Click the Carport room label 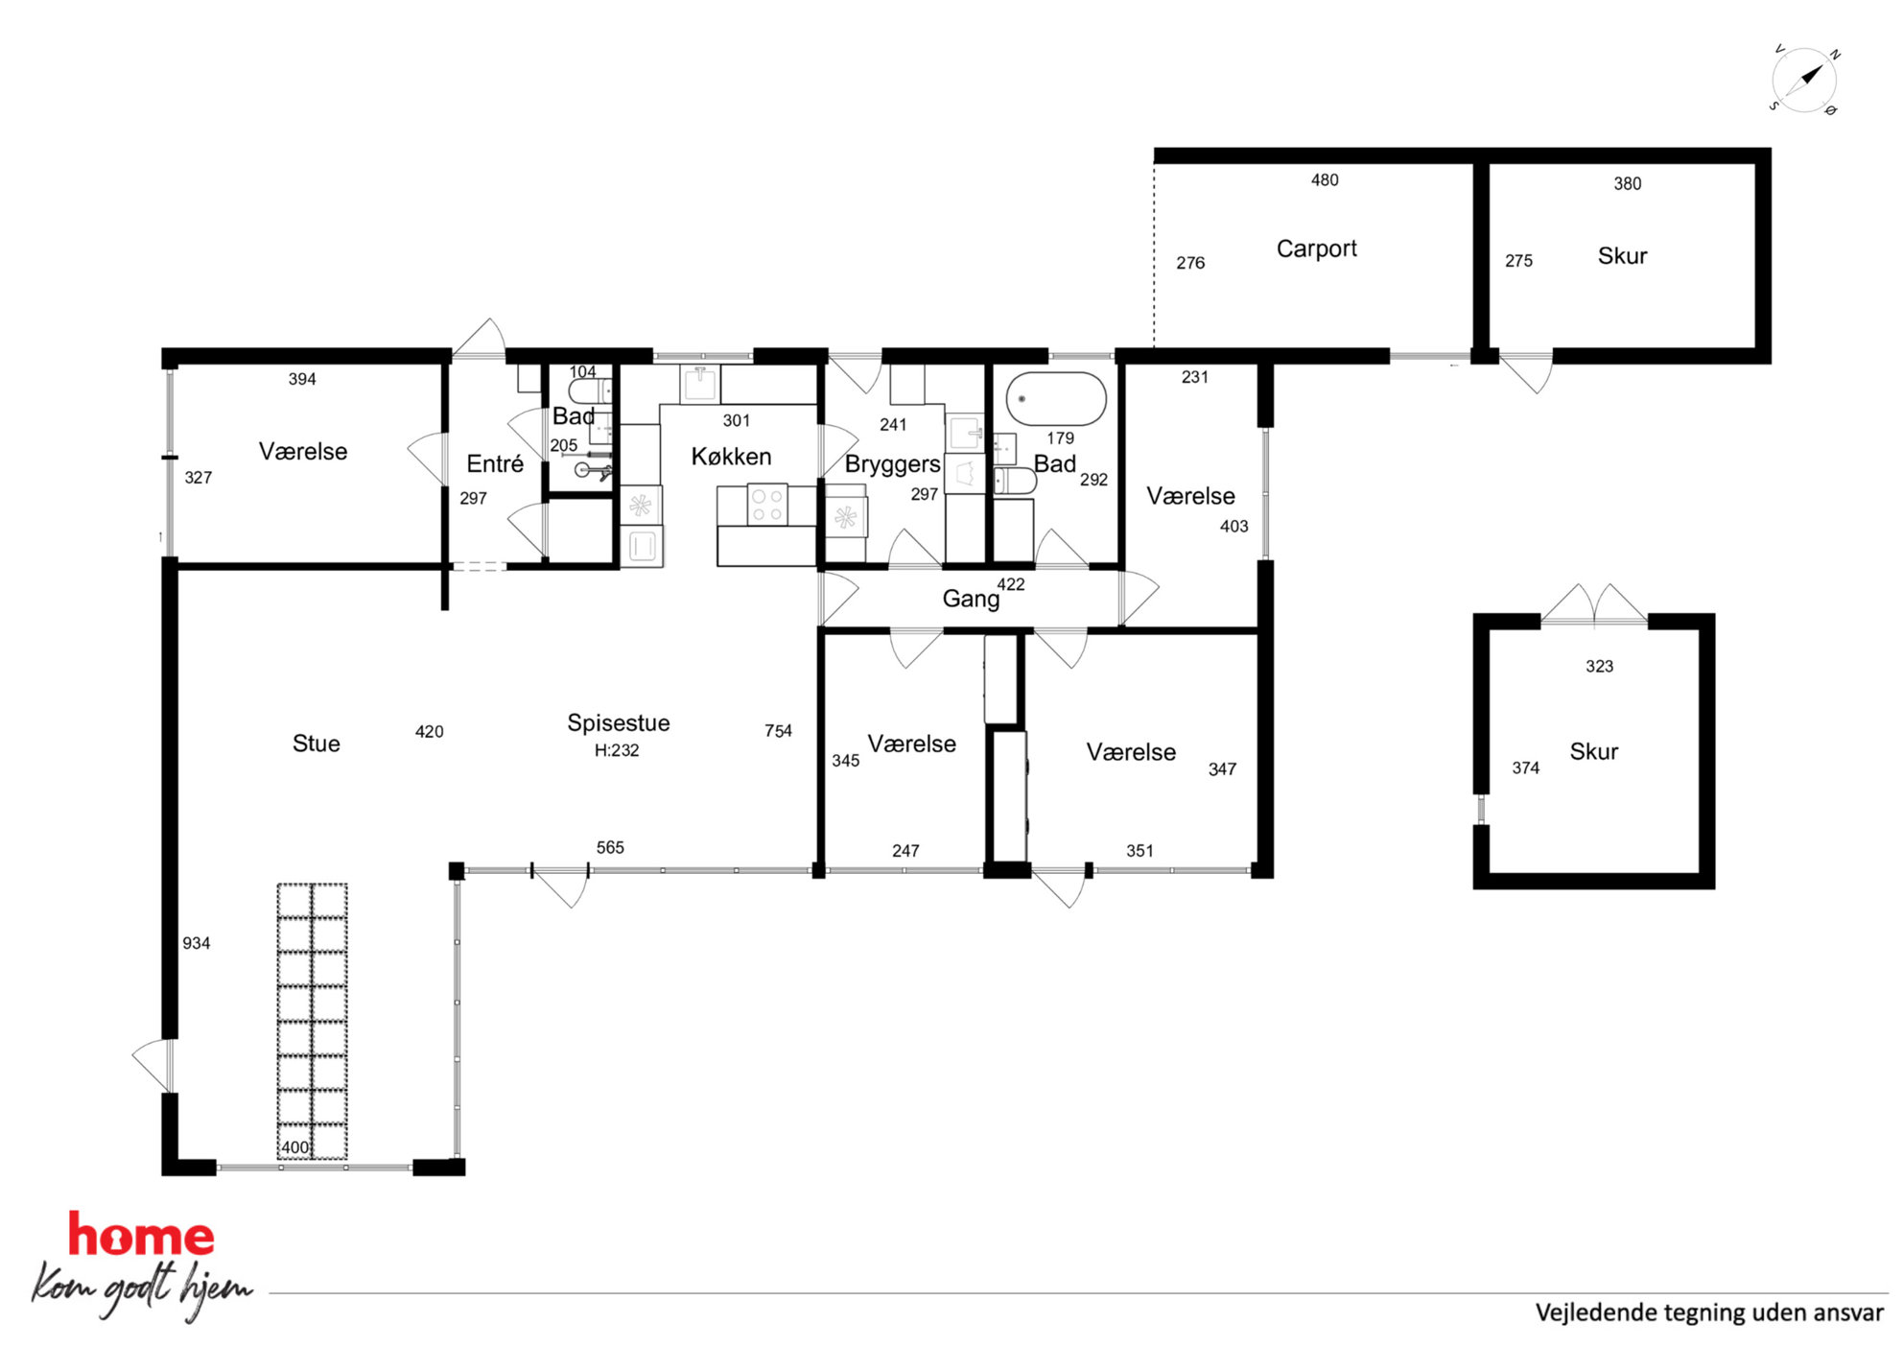coord(1316,248)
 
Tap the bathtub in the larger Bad coord(1056,398)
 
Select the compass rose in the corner coord(1804,80)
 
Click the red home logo coord(141,1235)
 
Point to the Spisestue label coord(619,722)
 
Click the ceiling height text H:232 coord(617,750)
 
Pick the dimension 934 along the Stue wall coord(197,943)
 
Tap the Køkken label coord(731,456)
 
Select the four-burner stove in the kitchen coord(767,505)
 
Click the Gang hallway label coord(971,599)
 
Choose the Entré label coord(495,463)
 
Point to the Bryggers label coord(892,464)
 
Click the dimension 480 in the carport coord(1325,179)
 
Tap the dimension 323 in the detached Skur coord(1599,666)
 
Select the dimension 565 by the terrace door coord(610,847)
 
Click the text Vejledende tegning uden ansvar coord(1709,1312)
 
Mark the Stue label coord(316,744)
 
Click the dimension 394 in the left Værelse coord(302,379)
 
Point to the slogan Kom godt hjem coord(142,1288)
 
